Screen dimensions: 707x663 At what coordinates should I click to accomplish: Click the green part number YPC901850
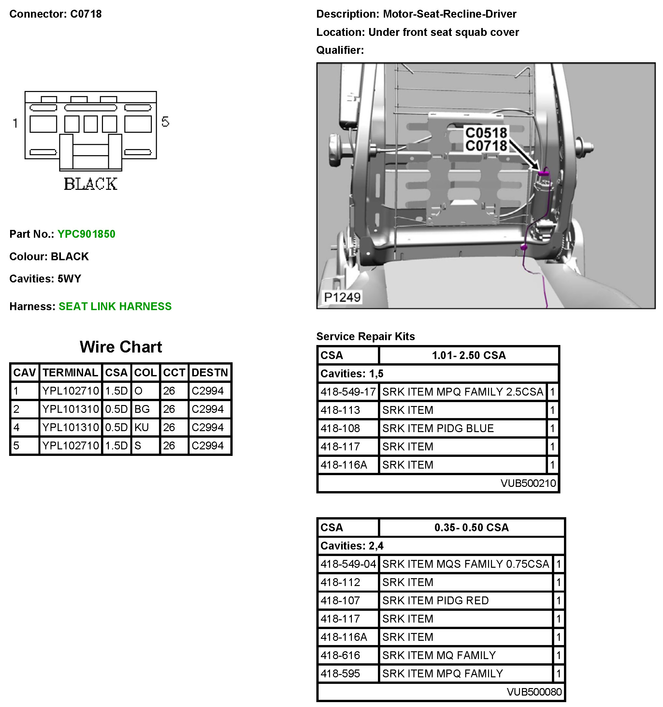(86, 234)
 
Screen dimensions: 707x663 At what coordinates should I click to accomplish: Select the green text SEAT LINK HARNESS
(115, 306)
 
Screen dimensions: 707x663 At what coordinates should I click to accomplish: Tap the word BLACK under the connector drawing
(91, 184)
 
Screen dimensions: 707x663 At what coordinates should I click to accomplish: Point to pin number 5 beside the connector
(165, 122)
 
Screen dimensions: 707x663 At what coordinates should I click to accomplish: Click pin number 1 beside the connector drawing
(15, 123)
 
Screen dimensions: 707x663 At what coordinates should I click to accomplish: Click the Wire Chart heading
(121, 347)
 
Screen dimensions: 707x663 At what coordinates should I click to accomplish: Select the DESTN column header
(209, 372)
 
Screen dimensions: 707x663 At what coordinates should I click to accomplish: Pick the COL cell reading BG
(142, 409)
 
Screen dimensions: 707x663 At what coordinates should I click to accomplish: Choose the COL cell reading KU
(141, 427)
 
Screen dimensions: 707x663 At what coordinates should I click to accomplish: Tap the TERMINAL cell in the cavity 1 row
(70, 391)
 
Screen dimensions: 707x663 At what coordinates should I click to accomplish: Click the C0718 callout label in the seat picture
(486, 146)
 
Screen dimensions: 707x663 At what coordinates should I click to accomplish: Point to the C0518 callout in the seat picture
(486, 133)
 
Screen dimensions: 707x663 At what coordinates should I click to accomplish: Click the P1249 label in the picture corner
(342, 297)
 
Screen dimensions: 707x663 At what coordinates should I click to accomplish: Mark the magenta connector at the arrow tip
(543, 173)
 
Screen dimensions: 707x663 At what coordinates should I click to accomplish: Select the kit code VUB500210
(528, 483)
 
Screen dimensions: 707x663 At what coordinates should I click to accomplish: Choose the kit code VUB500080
(534, 692)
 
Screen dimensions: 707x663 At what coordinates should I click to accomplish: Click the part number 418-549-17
(348, 392)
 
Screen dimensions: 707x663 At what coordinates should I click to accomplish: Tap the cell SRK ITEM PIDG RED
(435, 600)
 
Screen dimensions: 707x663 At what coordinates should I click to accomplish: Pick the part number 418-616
(340, 655)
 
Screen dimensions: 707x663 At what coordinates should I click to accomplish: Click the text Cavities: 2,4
(352, 546)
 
